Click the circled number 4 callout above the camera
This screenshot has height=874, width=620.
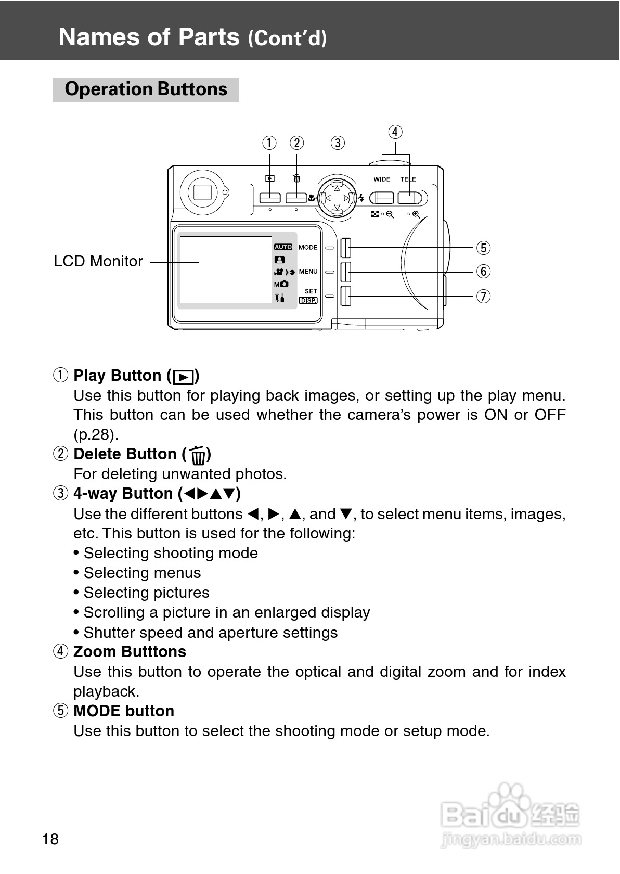click(x=395, y=132)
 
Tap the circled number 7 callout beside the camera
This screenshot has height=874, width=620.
click(x=483, y=297)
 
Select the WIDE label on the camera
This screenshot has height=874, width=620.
click(x=382, y=179)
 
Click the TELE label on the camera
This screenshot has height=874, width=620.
click(x=408, y=179)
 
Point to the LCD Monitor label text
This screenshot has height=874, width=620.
click(x=98, y=261)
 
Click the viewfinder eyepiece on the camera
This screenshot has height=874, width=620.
click(x=202, y=192)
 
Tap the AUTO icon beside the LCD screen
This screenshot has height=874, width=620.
click(x=283, y=247)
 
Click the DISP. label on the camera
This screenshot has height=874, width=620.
click(x=308, y=300)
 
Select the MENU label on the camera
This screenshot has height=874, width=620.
click(x=308, y=272)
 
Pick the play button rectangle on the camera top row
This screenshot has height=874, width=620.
click(x=270, y=198)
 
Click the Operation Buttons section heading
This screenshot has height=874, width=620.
click(x=146, y=89)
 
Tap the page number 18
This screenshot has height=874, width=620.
click(x=50, y=839)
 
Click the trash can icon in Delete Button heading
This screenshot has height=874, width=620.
click(x=197, y=455)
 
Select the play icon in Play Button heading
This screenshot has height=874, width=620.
click(x=184, y=377)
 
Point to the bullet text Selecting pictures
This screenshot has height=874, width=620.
click(x=146, y=593)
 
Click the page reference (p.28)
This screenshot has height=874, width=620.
click(x=96, y=434)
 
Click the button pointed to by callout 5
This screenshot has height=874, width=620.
click(x=345, y=248)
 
